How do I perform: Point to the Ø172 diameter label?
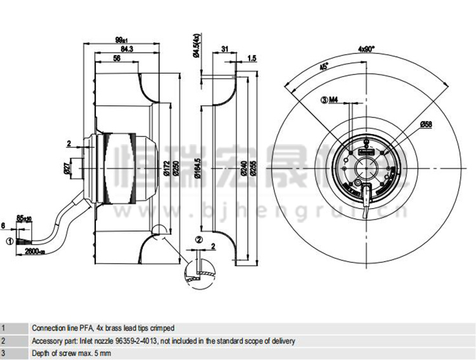pos(164,168)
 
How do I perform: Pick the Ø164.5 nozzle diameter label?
pos(199,168)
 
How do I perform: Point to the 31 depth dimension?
pos(225,48)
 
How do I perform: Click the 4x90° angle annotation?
pos(366,49)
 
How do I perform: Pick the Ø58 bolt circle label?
pos(426,125)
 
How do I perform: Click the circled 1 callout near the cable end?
pos(9,241)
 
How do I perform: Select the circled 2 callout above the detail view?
pos(199,239)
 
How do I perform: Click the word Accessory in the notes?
pos(48,341)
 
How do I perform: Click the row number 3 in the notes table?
pos(4,352)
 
